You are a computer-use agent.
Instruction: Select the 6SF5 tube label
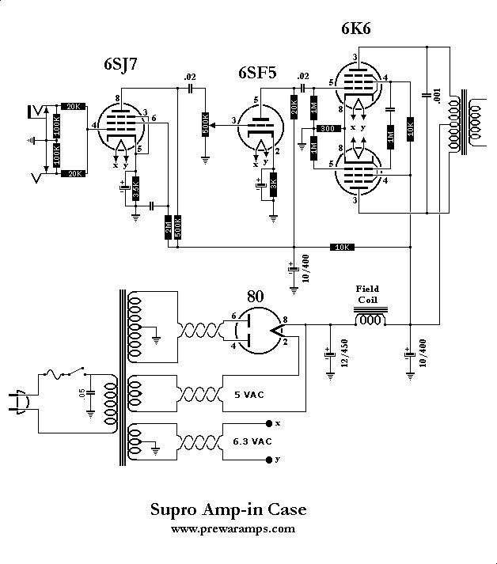[x=258, y=74]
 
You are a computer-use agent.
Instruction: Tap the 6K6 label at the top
[x=356, y=29]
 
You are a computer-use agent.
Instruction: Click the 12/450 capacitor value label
[x=343, y=358]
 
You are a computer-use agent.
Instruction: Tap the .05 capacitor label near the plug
[x=82, y=392]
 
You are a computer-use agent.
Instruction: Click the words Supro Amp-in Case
[x=227, y=509]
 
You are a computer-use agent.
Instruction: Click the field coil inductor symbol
[x=371, y=319]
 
